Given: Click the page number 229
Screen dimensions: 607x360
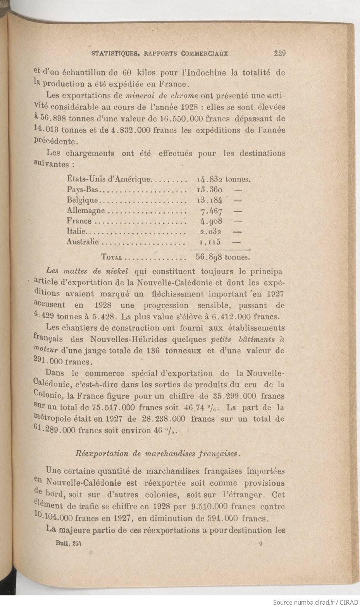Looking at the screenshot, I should [279, 54].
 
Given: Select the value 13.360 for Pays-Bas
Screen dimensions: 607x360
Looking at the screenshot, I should [209, 190].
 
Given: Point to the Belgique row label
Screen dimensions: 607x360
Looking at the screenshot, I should [83, 200].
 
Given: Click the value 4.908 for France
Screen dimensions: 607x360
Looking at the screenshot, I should [211, 221].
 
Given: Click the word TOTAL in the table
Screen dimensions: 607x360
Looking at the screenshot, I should [112, 257].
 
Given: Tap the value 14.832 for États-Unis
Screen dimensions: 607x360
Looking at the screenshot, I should [209, 179].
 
